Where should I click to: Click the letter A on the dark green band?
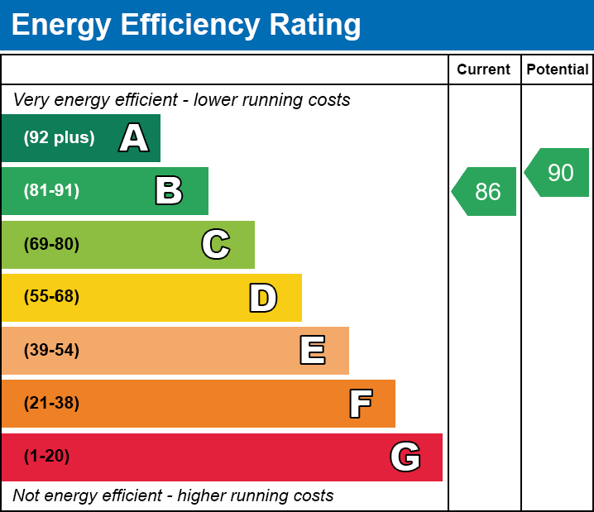pos(134,138)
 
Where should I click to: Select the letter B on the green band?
pos(169,191)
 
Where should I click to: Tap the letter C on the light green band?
pos(216,244)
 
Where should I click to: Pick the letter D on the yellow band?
pos(263,298)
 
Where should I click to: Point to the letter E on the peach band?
pos(312,351)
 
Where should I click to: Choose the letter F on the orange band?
pos(360,404)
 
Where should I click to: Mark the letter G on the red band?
pos(405,457)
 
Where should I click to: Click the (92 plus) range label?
pos(59,138)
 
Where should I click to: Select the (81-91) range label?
pos(51,191)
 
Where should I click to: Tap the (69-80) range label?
pos(51,244)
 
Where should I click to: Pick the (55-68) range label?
pos(51,297)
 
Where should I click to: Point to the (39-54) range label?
pos(51,351)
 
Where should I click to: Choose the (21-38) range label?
pos(51,404)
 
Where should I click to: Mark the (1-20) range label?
pos(47,457)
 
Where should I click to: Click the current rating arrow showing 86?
pos(486,192)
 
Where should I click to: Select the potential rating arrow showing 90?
pos(558,173)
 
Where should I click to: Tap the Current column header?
pos(484,70)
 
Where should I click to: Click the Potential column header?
pos(558,70)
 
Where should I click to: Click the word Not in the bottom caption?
pos(26,496)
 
